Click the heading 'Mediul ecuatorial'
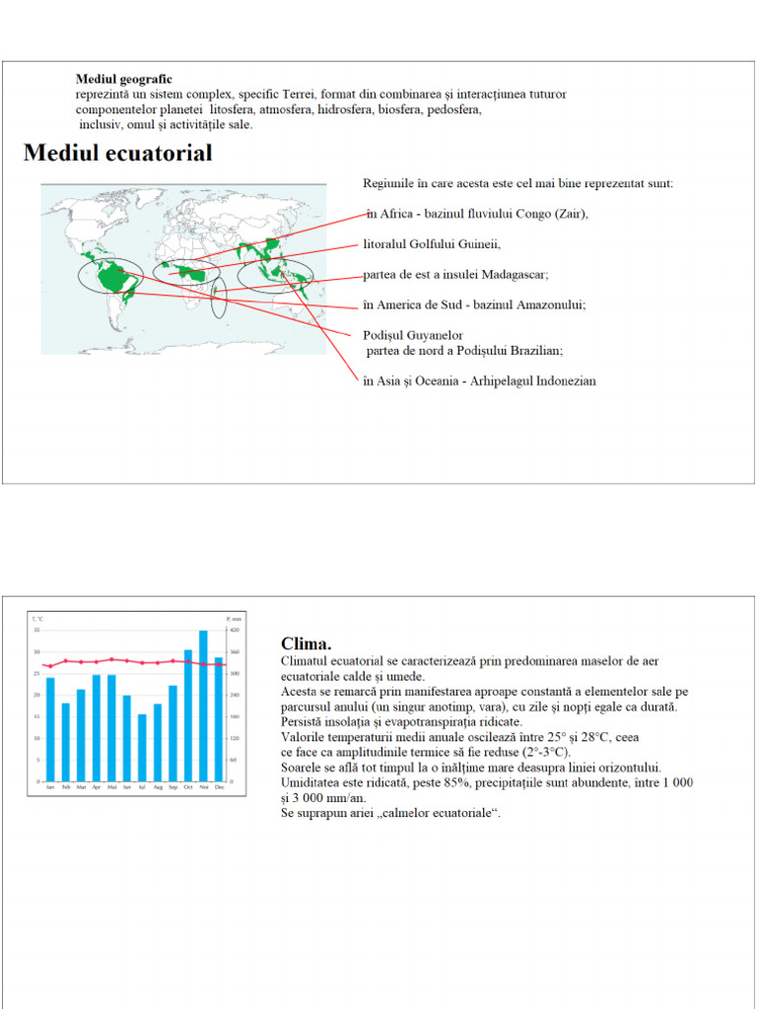117,154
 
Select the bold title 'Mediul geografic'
124,79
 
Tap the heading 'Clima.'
307,643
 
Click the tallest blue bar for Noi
204,706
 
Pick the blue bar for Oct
188,715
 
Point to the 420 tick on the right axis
235,630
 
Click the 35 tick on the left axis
36,630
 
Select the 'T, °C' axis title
38,618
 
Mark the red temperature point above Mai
111,659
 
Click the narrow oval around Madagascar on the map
219,298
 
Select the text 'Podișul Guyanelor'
413,335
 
